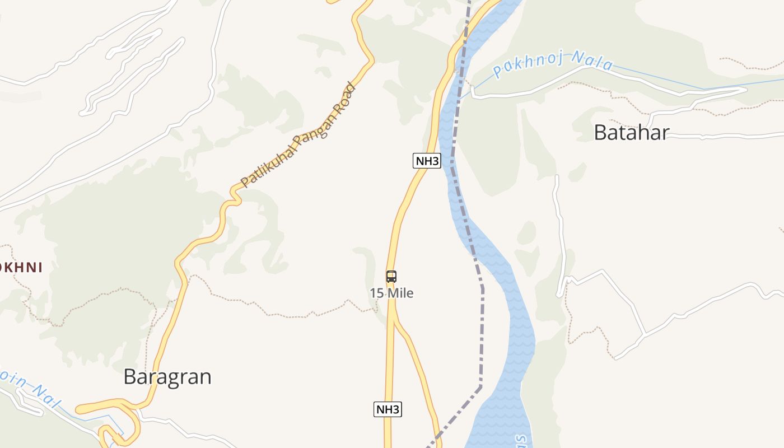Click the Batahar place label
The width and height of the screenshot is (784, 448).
coord(631,133)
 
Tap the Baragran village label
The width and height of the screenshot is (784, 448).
coord(167,377)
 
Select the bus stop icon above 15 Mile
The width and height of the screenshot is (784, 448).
coord(391,276)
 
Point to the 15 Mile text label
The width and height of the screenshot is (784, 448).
coord(391,293)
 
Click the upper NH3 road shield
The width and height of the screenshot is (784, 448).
coord(427,161)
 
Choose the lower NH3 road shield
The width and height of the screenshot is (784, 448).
coord(388,409)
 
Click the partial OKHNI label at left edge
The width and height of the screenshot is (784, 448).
coord(21,268)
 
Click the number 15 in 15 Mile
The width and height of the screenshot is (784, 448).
coord(376,293)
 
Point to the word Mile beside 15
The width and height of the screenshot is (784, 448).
coord(400,293)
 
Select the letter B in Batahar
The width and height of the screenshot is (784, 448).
coord(600,133)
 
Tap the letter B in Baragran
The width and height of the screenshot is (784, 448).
coord(130,377)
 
